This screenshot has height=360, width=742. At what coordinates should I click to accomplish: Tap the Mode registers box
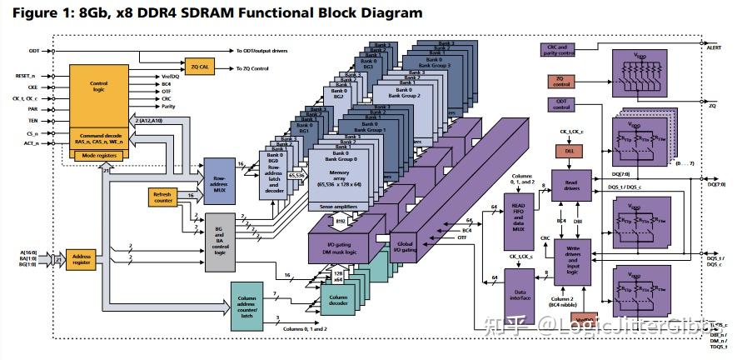[97, 154]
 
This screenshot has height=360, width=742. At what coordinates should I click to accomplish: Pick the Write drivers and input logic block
[571, 259]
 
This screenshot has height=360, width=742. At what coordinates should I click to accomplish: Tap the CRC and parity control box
[560, 51]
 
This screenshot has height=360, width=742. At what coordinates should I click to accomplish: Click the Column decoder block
[338, 297]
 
